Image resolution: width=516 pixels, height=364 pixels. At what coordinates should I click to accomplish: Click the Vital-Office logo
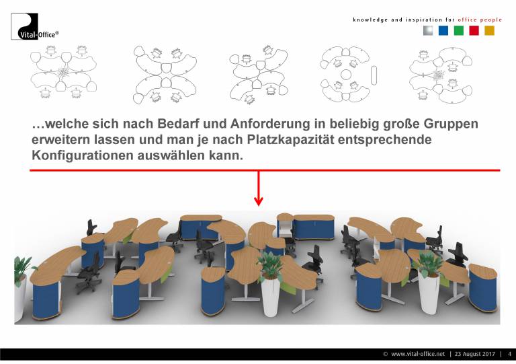(35, 27)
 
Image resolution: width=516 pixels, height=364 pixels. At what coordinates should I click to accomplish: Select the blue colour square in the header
(443, 31)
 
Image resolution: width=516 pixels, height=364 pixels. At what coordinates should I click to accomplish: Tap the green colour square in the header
(459, 31)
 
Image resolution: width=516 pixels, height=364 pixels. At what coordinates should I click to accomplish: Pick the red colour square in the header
(474, 31)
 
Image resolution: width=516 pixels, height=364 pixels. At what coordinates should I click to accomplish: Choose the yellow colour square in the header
(489, 31)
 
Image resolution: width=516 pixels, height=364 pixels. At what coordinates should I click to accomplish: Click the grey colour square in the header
(428, 31)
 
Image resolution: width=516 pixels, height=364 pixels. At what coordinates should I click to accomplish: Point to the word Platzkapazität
(290, 140)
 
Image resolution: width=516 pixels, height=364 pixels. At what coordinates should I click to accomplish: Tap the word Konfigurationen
(83, 155)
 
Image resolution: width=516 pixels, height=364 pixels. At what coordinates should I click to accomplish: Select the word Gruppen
(451, 124)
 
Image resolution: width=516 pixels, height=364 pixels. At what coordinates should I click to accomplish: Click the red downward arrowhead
(259, 201)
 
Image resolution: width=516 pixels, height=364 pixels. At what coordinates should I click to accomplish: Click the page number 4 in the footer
(509, 354)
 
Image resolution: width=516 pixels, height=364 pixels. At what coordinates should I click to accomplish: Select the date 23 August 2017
(474, 354)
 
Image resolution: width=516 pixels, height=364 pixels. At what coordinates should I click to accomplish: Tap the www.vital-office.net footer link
(418, 354)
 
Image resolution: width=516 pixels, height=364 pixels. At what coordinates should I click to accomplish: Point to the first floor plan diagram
(64, 72)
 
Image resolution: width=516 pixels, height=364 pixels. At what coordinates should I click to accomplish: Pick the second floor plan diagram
(165, 75)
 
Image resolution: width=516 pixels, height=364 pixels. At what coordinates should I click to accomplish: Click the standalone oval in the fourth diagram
(374, 76)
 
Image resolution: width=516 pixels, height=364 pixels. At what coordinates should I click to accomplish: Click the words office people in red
(480, 20)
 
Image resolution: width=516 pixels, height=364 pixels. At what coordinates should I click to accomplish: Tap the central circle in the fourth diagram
(346, 75)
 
